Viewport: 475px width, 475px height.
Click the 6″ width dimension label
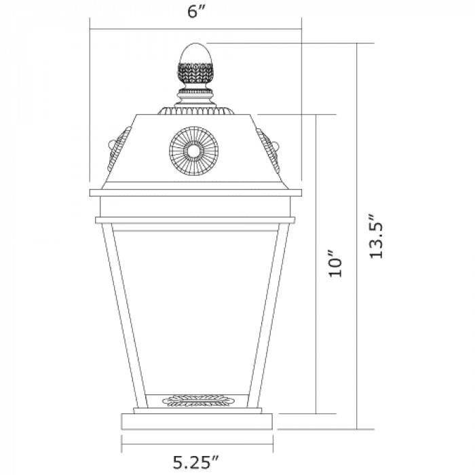click(197, 12)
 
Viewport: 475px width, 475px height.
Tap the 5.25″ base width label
click(195, 463)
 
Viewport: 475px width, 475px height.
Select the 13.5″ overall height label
click(377, 237)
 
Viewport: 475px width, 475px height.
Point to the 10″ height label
click(335, 263)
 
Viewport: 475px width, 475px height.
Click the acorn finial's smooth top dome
click(195, 54)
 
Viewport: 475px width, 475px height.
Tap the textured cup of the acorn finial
click(195, 73)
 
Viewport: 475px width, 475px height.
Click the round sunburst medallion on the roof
click(193, 151)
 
